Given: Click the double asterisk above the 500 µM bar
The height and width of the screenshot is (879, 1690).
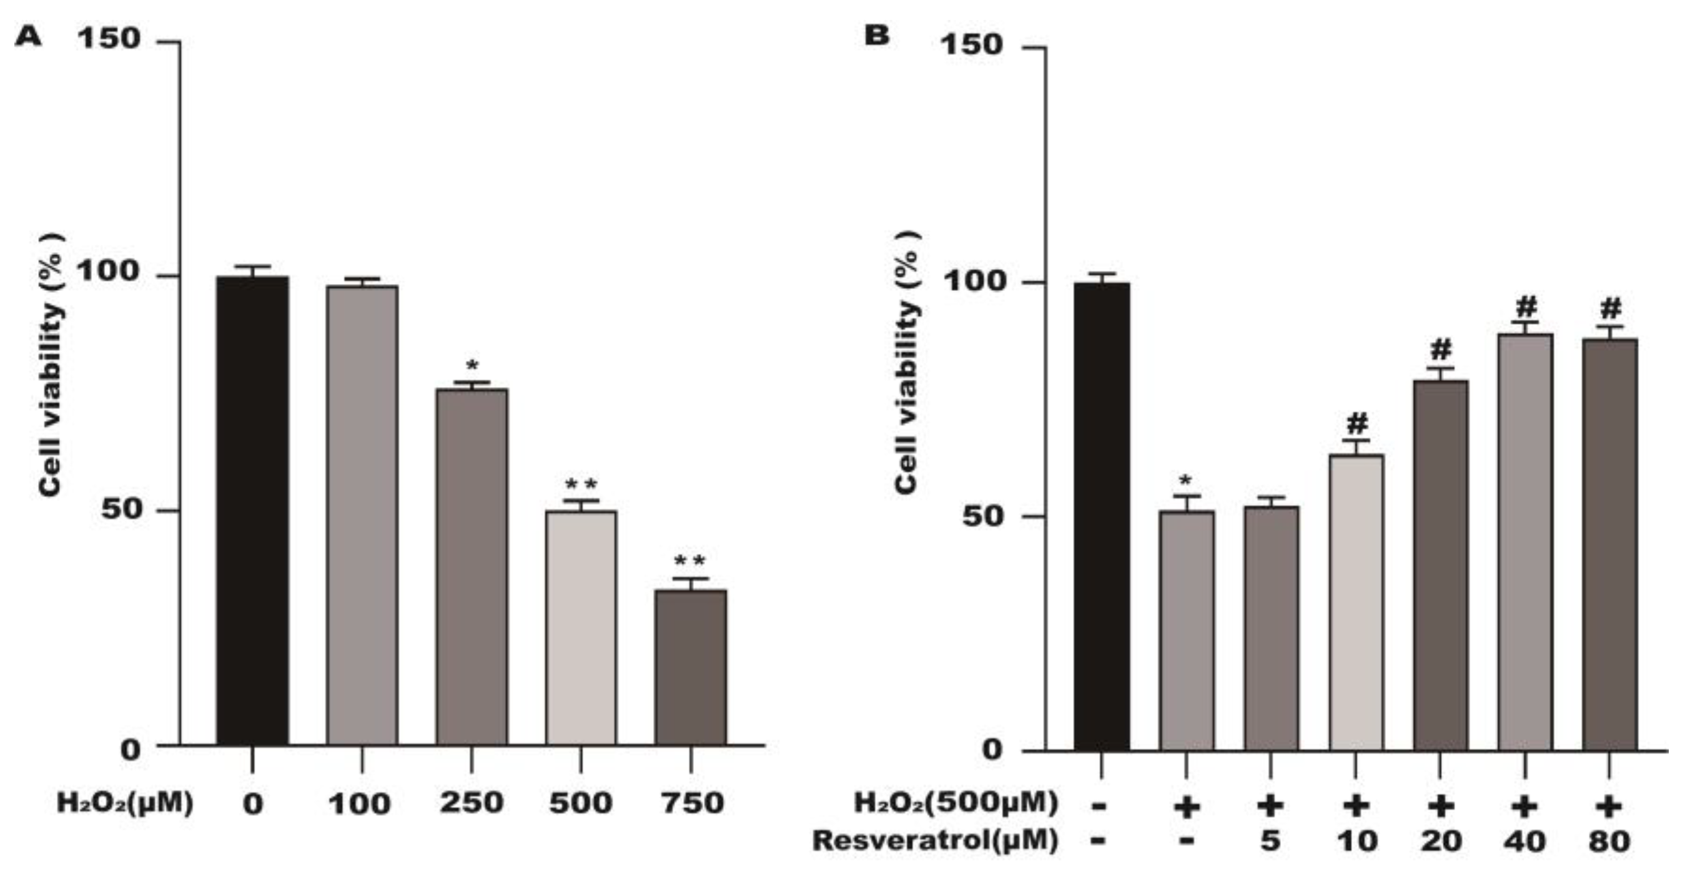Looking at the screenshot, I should tap(581, 486).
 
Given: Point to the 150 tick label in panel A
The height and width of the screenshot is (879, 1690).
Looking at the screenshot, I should tap(109, 39).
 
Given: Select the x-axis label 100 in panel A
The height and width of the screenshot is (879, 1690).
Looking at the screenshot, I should tap(360, 803).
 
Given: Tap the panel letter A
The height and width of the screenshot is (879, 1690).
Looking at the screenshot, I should tap(28, 37).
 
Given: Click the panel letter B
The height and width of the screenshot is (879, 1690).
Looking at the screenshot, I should tap(876, 36).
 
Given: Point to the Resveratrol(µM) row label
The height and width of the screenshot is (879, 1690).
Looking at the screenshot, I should tap(935, 840).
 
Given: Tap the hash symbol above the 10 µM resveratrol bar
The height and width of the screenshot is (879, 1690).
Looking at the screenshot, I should tap(1356, 423).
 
